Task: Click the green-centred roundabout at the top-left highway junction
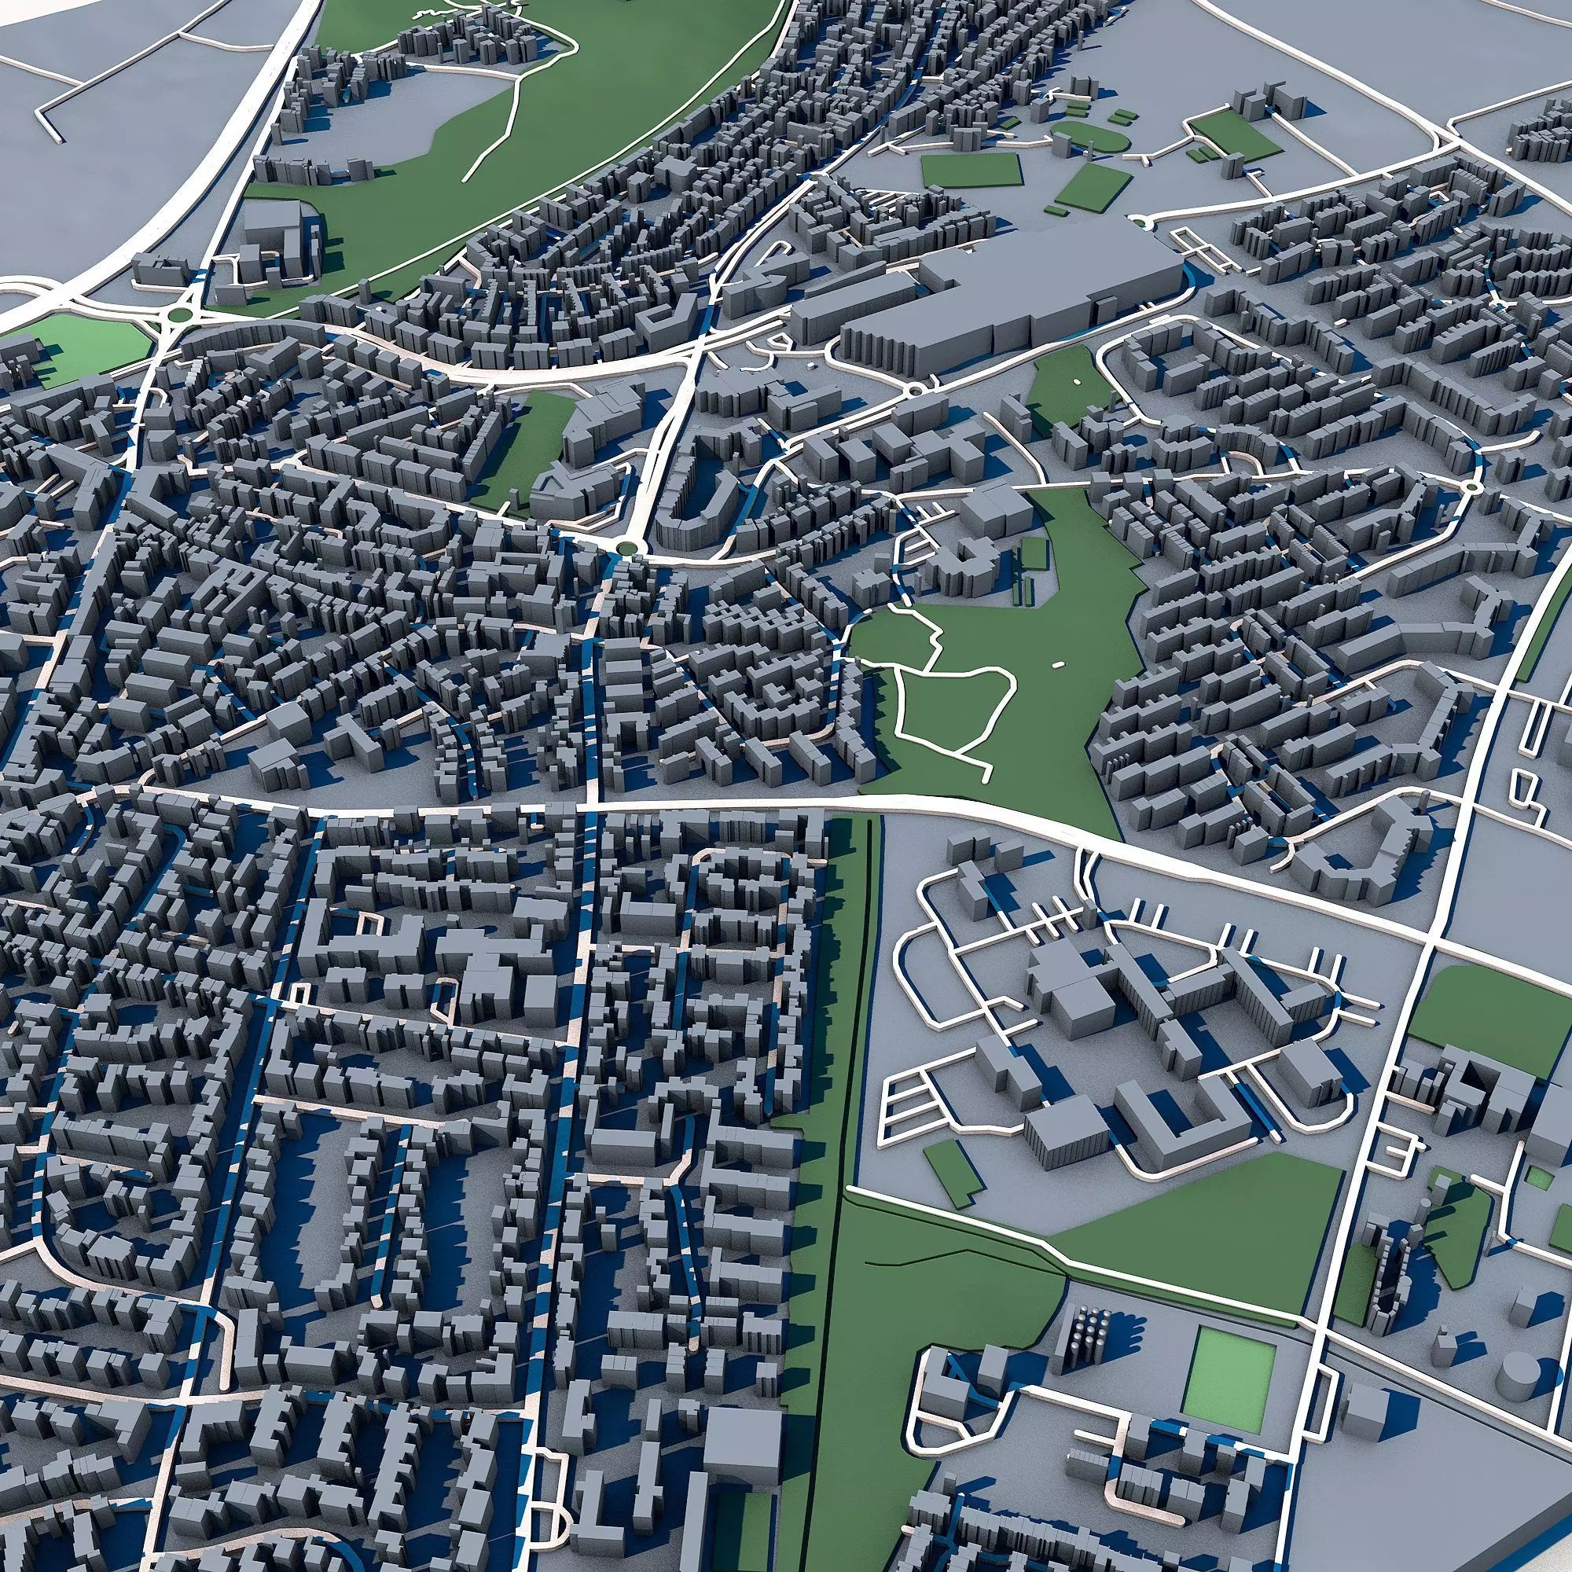click(180, 313)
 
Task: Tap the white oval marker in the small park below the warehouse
click(1077, 380)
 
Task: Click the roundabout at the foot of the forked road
click(625, 546)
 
